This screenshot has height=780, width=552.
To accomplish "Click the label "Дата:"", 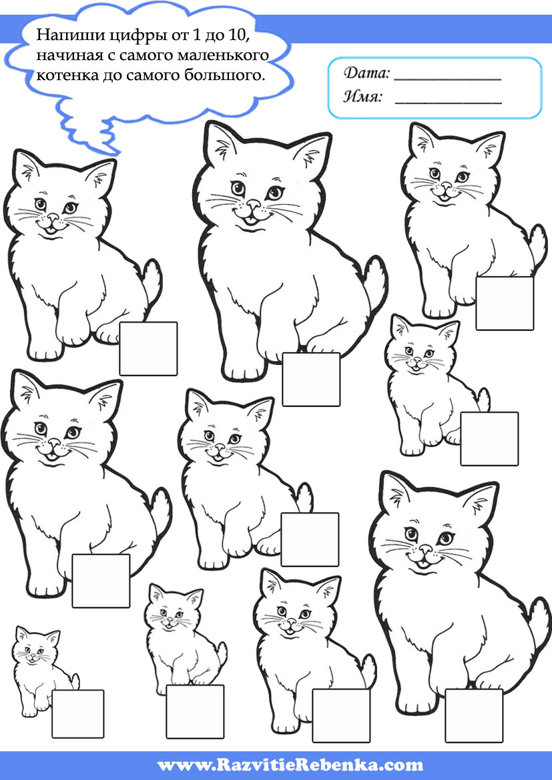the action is point(366,73).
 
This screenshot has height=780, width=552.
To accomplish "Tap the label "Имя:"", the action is point(363,97).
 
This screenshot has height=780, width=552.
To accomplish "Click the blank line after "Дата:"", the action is point(447,79).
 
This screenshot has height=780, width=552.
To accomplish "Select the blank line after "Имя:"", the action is point(448,103).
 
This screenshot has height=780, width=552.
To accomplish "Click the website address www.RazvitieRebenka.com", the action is point(290,765).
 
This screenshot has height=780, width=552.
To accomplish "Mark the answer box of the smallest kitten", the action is point(77,713).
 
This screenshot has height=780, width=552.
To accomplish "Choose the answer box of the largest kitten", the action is point(311,379).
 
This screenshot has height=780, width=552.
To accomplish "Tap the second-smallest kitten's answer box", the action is point(195,711).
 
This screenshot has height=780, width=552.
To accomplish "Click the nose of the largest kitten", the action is point(254,204).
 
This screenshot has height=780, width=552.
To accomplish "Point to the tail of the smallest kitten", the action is point(74,681).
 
